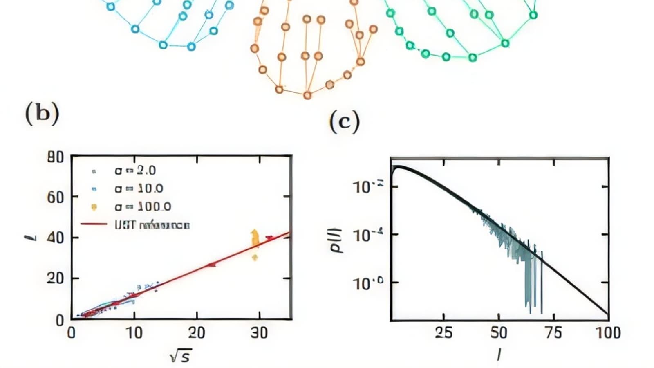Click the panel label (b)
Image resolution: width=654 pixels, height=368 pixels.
pyautogui.click(x=43, y=113)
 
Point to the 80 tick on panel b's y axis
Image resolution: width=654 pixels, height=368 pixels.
pyautogui.click(x=55, y=157)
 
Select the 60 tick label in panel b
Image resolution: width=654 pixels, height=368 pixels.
pyautogui.click(x=55, y=197)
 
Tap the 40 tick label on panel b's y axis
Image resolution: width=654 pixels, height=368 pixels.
pyautogui.click(x=55, y=238)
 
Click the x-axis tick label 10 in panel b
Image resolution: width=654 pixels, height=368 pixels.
pyautogui.click(x=134, y=333)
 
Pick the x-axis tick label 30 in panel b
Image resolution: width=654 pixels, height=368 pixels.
pyautogui.click(x=259, y=333)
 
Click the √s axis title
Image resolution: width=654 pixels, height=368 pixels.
pyautogui.click(x=180, y=356)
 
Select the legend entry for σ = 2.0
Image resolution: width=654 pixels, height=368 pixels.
pyautogui.click(x=135, y=171)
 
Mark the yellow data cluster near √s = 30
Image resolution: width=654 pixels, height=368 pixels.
pyautogui.click(x=255, y=241)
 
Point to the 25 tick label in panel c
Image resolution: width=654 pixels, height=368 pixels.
pyautogui.click(x=443, y=333)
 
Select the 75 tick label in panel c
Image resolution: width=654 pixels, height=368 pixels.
pyautogui.click(x=553, y=333)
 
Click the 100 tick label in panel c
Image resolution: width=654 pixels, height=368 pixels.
pyautogui.click(x=608, y=333)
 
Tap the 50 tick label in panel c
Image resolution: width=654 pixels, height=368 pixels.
pyautogui.click(x=499, y=333)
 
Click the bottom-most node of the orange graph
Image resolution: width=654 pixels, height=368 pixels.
pyautogui.click(x=307, y=95)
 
